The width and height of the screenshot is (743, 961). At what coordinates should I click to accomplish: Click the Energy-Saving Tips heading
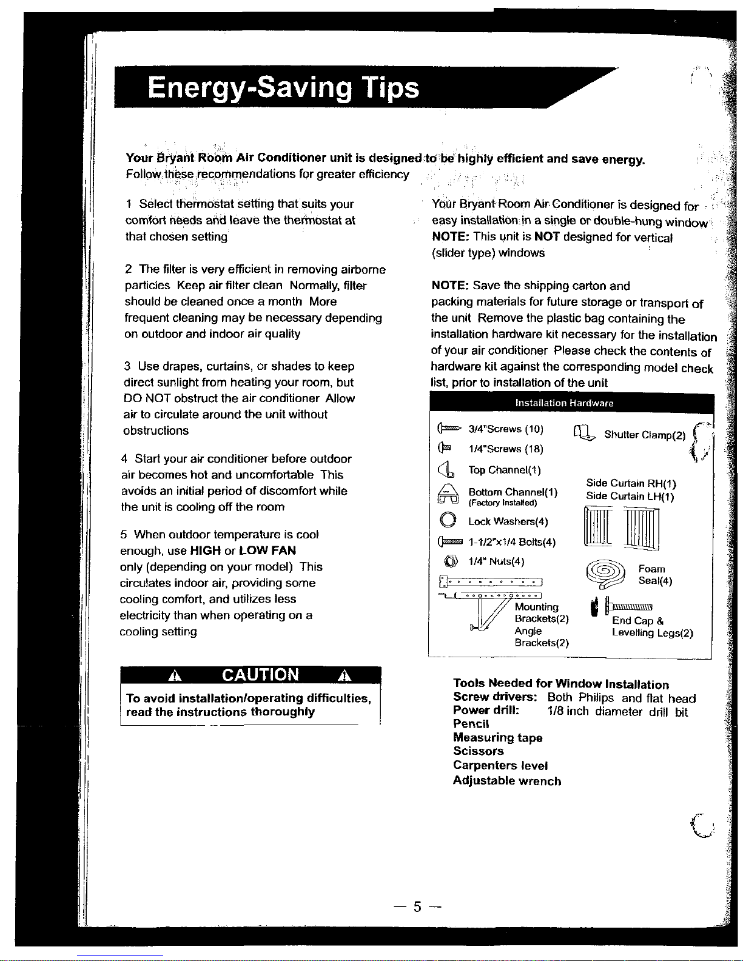tap(283, 88)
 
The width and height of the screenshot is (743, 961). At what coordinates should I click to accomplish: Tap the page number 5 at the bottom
tap(417, 907)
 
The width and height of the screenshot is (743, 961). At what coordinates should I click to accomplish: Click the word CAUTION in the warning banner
tap(260, 675)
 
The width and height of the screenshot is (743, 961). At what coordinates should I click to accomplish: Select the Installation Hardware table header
tap(564, 403)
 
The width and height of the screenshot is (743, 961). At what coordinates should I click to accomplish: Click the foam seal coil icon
tap(605, 574)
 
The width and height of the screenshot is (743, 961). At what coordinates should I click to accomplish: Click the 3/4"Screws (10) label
tap(506, 429)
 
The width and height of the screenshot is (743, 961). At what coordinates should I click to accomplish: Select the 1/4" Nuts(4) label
tap(496, 561)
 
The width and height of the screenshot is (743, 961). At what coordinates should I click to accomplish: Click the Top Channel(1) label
tap(504, 470)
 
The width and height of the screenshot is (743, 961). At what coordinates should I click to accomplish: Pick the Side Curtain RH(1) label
tap(631, 483)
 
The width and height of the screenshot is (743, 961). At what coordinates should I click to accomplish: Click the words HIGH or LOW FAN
tap(243, 551)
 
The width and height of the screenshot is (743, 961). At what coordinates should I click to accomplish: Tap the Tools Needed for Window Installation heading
tap(560, 684)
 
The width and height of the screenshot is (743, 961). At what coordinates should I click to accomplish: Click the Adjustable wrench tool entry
tap(506, 781)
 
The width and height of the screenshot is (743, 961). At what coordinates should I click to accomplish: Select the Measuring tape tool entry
tap(497, 737)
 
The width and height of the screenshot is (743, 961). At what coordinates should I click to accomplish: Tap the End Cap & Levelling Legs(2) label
tap(652, 627)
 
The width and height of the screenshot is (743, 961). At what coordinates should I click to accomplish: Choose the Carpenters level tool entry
tap(500, 766)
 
